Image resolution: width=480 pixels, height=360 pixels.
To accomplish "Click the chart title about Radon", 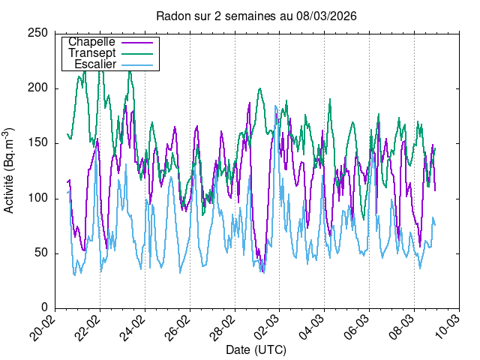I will click(256, 16).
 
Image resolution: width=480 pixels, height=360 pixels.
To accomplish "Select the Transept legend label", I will click(91, 53).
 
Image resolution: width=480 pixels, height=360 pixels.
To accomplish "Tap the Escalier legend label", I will click(95, 64).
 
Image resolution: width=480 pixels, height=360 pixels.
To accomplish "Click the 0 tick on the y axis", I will click(46, 307).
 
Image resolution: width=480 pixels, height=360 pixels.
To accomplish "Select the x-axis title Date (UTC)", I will click(256, 350).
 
